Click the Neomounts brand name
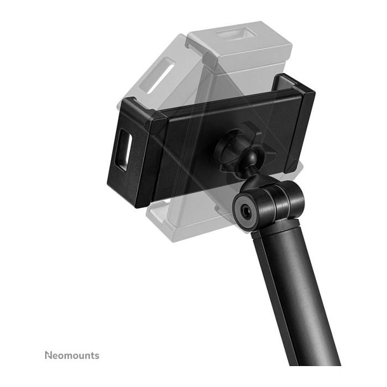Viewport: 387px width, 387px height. tap(71, 354)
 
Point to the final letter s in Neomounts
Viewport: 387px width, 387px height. tap(97, 355)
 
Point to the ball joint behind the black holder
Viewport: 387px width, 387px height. tap(238, 160)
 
